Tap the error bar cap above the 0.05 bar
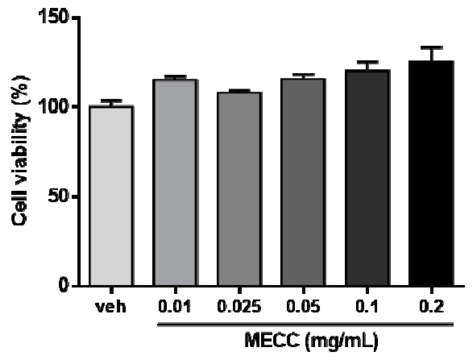click(x=303, y=75)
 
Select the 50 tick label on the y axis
click(x=58, y=196)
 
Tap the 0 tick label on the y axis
click(x=63, y=286)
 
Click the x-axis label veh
click(x=111, y=306)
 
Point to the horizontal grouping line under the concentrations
click(x=305, y=324)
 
